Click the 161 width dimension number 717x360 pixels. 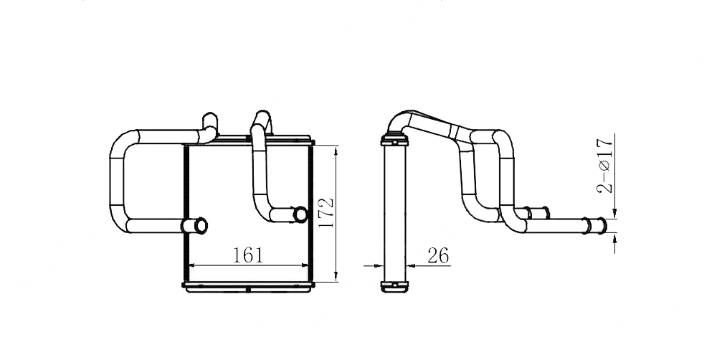248,255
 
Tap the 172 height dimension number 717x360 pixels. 326,213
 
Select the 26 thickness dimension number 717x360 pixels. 438,256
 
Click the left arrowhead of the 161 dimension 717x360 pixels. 192,265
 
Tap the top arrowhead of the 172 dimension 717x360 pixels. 336,150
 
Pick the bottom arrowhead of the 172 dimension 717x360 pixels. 336,277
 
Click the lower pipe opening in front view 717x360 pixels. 200,225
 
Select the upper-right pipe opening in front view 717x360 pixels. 300,214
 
